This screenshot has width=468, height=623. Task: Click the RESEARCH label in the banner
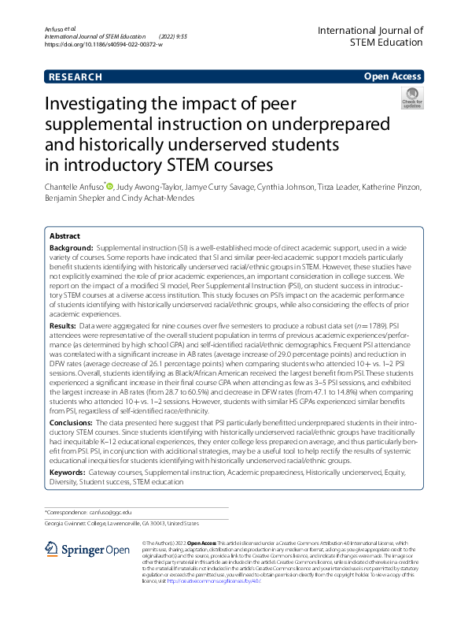click(x=76, y=77)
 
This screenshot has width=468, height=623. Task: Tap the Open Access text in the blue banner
click(x=394, y=77)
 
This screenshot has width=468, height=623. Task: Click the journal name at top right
click(x=370, y=36)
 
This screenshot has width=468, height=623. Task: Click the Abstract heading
click(x=64, y=236)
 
